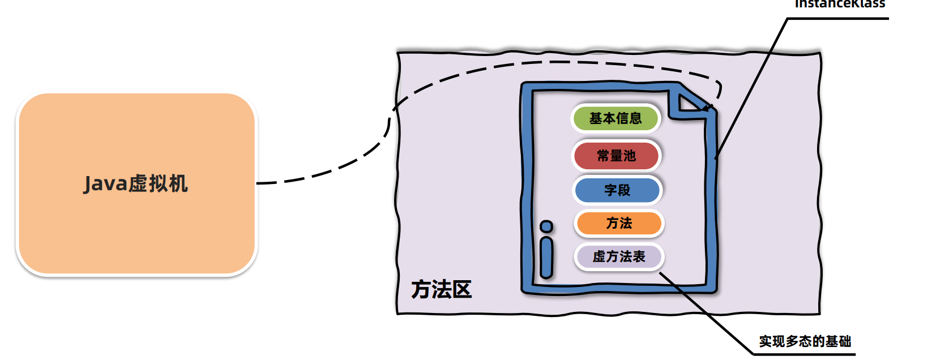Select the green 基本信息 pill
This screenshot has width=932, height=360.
[x=615, y=118]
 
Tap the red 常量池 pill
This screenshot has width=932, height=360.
[x=617, y=156]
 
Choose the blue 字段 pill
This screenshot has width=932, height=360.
[x=617, y=190]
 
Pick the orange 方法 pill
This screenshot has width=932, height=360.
[x=619, y=223]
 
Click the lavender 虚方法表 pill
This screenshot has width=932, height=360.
[x=618, y=257]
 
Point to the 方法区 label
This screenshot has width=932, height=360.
[x=441, y=289]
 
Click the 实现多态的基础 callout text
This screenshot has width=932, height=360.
[x=805, y=341]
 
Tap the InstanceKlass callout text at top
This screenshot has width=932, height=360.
[x=840, y=4]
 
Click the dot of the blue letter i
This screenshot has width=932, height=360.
[x=546, y=227]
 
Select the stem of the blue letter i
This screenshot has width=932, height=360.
[x=546, y=258]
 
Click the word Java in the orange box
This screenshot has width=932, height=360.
[x=105, y=184]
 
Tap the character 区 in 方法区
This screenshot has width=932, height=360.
[x=462, y=289]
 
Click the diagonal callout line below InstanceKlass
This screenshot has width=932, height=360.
[x=753, y=85]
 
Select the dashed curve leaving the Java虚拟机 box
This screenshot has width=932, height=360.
[x=328, y=170]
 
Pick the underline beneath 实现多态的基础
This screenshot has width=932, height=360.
[x=804, y=354]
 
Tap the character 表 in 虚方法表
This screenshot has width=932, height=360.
[x=639, y=257]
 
